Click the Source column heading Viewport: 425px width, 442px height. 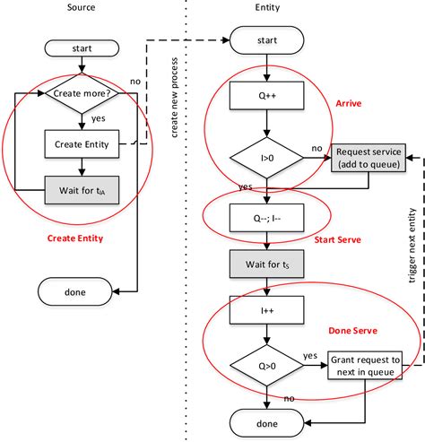81,7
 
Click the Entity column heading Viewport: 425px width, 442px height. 267,7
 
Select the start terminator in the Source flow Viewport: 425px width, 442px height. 82,48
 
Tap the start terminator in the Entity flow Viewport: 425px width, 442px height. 266,40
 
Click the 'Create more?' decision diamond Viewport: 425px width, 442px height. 82,93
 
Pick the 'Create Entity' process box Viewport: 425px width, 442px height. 82,144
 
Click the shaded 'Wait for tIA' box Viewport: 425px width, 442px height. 82,190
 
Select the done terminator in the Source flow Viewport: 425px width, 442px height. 75,291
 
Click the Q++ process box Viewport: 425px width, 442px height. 266,96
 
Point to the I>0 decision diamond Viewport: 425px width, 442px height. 266,158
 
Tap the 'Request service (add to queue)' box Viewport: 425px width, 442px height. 369,158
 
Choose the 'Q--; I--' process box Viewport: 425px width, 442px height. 266,218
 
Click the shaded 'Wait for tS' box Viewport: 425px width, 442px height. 266,264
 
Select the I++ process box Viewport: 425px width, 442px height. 266,310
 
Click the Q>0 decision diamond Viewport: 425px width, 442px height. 266,366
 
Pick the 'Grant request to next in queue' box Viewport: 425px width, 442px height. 365,366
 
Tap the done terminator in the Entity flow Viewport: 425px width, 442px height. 266,423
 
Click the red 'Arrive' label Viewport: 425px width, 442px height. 349,103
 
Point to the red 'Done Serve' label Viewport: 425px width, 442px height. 352,331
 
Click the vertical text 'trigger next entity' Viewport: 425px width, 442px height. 412,246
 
